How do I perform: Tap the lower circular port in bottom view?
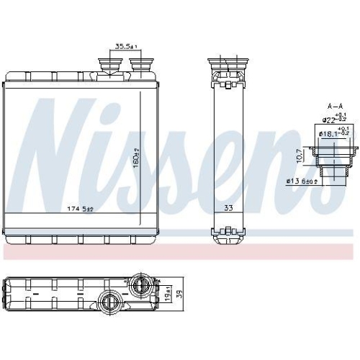click(x=111, y=300)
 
